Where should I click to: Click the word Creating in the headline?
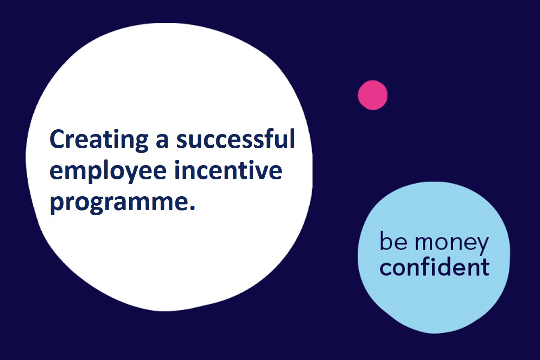99,141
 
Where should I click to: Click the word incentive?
228,169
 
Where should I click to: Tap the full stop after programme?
192,207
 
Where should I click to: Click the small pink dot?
372,95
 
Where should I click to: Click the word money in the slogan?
451,244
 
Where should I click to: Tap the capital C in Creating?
57,139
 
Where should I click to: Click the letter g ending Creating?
140,143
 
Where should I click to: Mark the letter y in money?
481,246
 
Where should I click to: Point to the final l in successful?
292,138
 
